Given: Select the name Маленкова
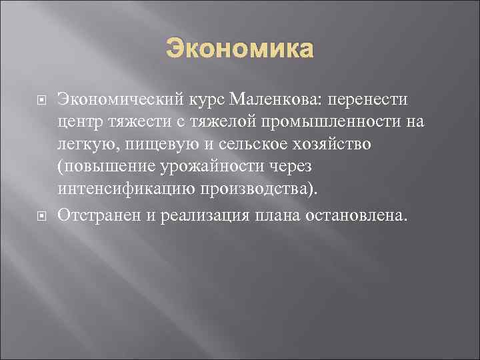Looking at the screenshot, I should (261, 99).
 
